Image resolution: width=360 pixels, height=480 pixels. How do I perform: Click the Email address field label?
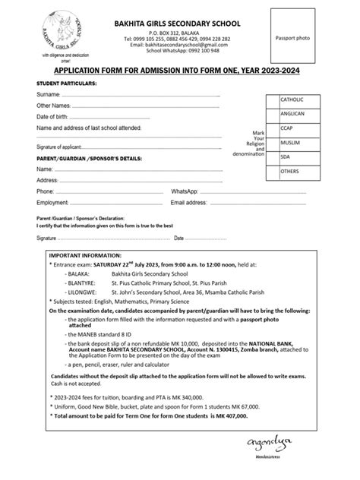click(x=189, y=204)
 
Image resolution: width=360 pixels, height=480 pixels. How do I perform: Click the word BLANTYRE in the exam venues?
click(x=83, y=280)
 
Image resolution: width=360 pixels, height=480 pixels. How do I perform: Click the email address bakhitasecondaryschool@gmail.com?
click(x=178, y=44)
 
